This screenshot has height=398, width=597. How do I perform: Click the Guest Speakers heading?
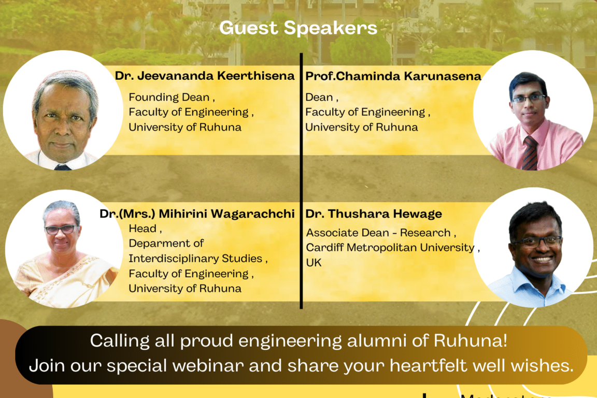[298, 28]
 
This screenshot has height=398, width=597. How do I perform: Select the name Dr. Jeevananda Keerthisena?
[205, 76]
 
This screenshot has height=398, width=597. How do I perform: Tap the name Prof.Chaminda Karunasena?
[393, 76]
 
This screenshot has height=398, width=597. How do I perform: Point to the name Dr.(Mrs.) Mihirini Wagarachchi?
[197, 214]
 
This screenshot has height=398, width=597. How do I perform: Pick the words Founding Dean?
[169, 97]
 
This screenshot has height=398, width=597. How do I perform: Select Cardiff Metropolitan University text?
[390, 248]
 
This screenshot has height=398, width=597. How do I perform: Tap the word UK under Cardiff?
[314, 263]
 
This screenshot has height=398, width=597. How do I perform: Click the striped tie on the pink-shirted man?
[530, 152]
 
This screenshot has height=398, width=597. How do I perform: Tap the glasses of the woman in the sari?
[60, 229]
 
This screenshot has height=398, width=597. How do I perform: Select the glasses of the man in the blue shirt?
[535, 241]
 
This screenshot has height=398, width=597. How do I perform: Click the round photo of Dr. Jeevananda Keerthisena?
[63, 110]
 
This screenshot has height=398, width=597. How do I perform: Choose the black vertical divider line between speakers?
[301, 181]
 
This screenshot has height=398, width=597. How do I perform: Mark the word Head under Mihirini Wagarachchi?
[143, 229]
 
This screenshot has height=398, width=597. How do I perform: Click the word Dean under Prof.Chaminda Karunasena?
[319, 97]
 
